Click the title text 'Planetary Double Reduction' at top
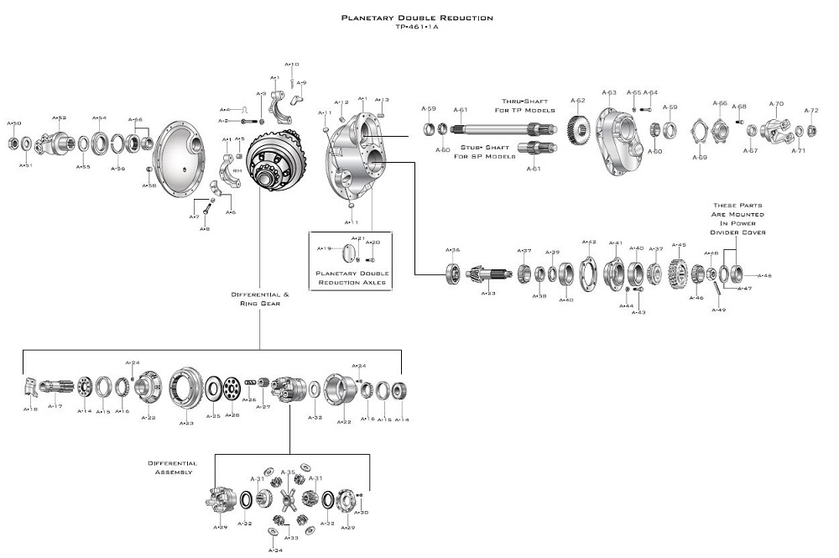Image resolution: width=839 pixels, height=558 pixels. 417,17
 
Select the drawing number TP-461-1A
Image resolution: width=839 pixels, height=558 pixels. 417,26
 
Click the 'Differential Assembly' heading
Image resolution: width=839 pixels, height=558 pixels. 172,467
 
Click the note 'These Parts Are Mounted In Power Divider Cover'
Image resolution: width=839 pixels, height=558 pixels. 737,218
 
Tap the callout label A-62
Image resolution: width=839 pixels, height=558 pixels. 577,100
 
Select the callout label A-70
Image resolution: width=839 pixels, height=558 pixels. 777,104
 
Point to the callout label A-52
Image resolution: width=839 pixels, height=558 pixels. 60,117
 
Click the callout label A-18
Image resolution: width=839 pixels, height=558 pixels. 30,409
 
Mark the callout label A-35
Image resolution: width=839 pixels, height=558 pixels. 289,472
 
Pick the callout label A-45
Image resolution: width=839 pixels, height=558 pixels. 679,245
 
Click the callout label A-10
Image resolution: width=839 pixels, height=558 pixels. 292,64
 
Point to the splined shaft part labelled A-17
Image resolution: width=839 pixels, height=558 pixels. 57,388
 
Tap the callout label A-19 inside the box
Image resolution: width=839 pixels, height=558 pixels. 325,248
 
